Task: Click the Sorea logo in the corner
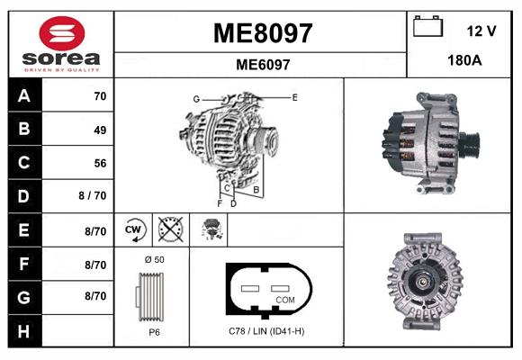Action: coord(61,44)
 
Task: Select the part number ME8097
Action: coord(262,33)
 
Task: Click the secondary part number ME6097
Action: coord(262,65)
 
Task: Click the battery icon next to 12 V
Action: coord(427,28)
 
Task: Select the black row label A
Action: coord(24,96)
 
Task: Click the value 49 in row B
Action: coord(99,130)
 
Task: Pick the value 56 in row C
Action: coord(99,163)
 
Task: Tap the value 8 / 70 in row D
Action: coord(94,196)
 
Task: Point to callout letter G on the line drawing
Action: coord(195,98)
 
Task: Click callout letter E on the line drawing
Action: coord(294,95)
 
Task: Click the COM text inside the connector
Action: coord(284,299)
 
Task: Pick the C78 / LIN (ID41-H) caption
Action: coord(265,331)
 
